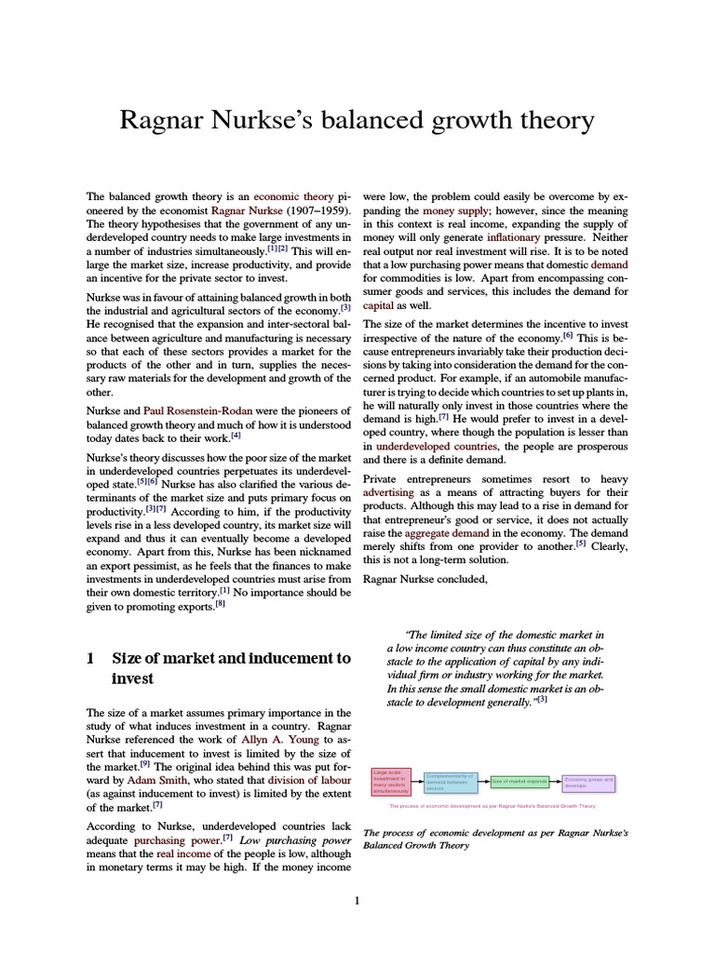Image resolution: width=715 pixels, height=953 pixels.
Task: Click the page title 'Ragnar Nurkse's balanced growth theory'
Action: tap(357, 120)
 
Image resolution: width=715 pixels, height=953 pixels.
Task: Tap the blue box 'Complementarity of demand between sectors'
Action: tap(450, 781)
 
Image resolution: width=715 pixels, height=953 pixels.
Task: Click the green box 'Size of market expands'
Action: tap(519, 781)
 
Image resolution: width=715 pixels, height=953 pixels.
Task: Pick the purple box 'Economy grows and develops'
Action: tap(588, 781)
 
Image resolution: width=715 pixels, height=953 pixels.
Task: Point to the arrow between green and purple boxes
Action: tap(556, 781)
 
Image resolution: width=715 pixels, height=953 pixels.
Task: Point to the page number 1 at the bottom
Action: tap(357, 900)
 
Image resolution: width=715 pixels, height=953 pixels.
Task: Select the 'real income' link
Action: tap(183, 854)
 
